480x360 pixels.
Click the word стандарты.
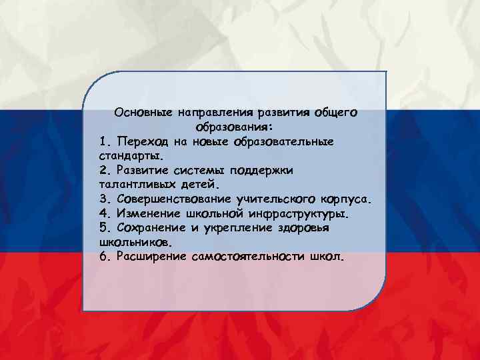(x=130, y=155)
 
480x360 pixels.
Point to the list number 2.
(x=104, y=170)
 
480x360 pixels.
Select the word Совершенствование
(x=173, y=199)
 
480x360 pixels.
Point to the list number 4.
(x=104, y=213)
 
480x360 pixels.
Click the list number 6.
(x=104, y=257)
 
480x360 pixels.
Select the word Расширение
(x=152, y=257)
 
